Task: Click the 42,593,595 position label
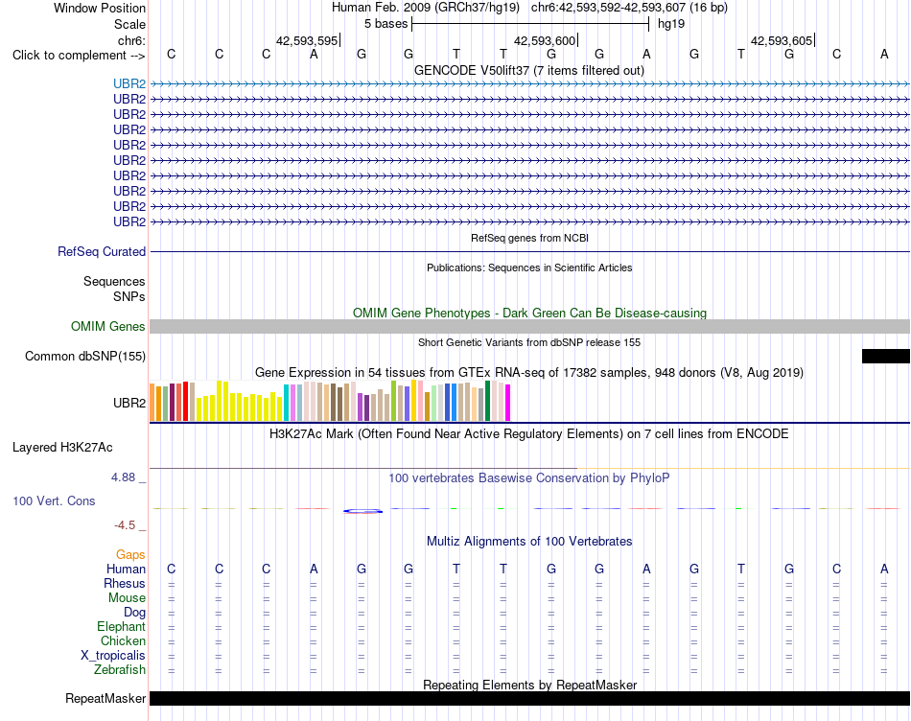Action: point(307,40)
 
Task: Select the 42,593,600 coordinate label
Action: point(545,40)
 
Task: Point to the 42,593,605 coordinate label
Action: point(782,40)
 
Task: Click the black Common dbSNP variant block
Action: point(885,356)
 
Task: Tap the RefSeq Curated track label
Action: point(102,251)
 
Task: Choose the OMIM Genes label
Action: point(108,327)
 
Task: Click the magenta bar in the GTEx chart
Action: point(508,402)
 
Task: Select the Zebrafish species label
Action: point(120,670)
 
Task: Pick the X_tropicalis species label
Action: point(113,656)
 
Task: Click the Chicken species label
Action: point(123,640)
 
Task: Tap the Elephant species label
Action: point(122,626)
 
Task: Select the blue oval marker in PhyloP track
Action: point(362,511)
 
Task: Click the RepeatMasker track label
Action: point(105,698)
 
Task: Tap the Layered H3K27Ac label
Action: point(62,448)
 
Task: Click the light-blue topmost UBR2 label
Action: point(129,83)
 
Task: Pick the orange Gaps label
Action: point(130,555)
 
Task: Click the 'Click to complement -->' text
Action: point(79,56)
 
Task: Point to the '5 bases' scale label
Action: point(385,24)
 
